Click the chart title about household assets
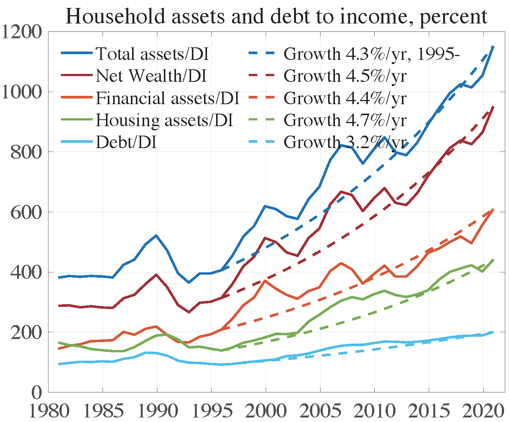click(x=276, y=16)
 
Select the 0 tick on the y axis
click(x=36, y=392)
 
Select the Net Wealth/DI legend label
click(x=151, y=76)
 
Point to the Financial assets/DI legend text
click(x=167, y=98)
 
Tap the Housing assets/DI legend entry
click(x=164, y=120)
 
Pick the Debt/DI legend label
click(x=126, y=142)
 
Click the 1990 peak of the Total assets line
click(x=157, y=235)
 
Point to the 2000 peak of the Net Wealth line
click(x=265, y=238)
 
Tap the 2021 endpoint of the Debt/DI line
click(x=493, y=332)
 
